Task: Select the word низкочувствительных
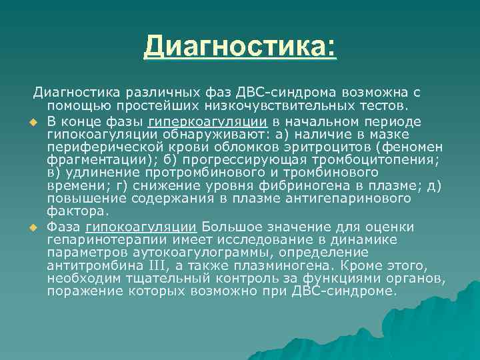click(261, 106)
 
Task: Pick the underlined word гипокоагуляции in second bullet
click(141, 227)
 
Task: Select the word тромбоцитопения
click(382, 160)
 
